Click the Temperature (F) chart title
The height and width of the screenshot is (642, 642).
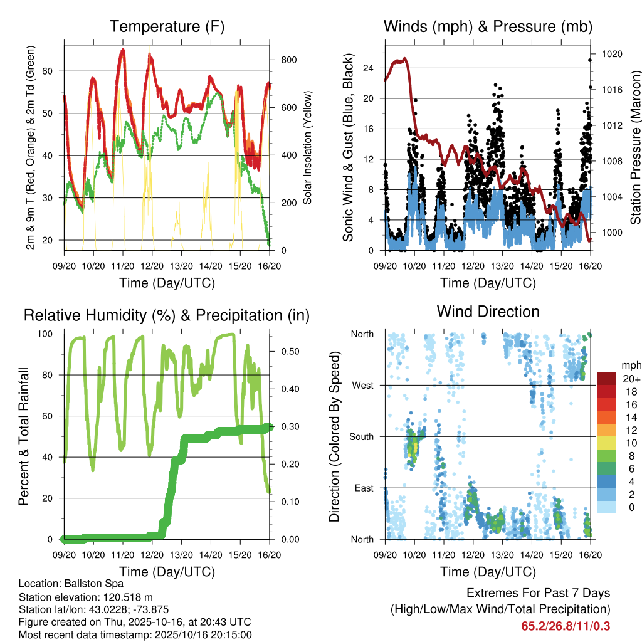click(167, 26)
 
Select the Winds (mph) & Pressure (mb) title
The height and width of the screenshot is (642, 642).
click(488, 26)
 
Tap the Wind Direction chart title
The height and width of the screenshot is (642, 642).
click(488, 312)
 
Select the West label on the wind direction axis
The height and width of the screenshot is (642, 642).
click(362, 385)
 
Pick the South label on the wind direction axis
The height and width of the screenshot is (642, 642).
click(360, 436)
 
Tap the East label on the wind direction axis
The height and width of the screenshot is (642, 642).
click(362, 488)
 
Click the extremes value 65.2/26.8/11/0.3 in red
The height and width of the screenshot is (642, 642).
click(566, 626)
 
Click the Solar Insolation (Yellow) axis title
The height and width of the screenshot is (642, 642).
click(308, 148)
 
